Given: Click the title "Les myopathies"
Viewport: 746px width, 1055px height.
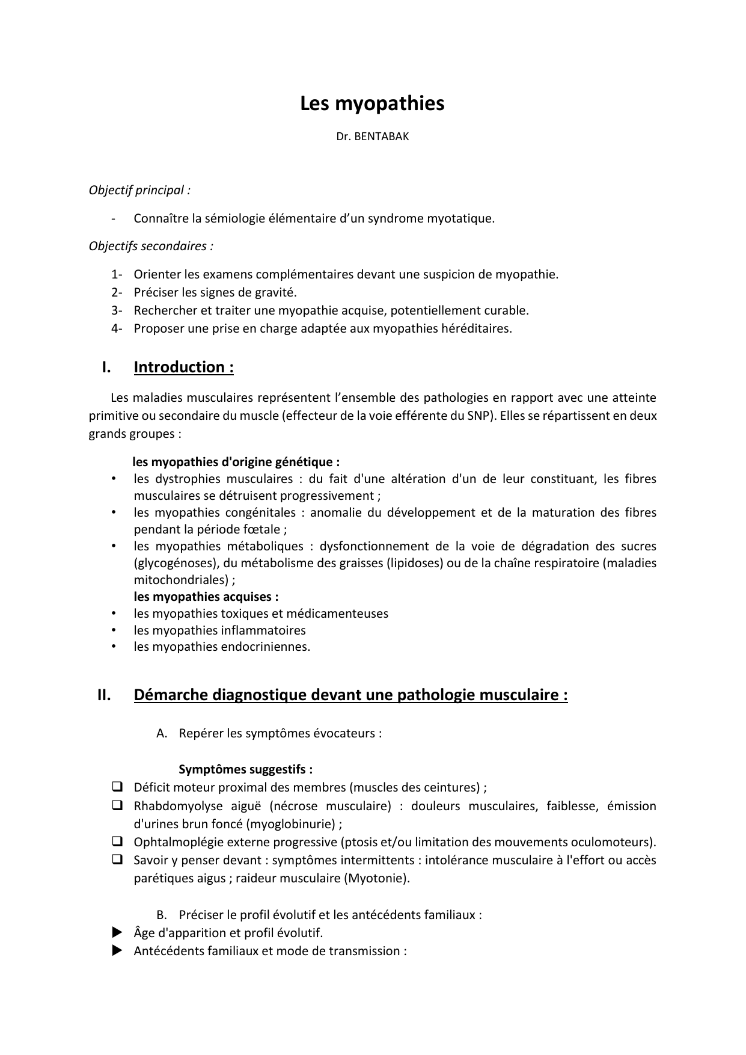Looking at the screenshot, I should pyautogui.click(x=372, y=103).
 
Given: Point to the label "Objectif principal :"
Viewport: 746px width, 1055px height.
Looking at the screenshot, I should pyautogui.click(x=139, y=190).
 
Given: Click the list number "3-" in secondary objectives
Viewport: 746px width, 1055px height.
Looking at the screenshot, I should pyautogui.click(x=116, y=310).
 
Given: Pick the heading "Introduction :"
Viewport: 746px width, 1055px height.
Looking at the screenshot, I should pyautogui.click(x=183, y=367).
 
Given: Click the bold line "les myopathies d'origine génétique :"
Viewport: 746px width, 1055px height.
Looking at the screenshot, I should pyautogui.click(x=236, y=462).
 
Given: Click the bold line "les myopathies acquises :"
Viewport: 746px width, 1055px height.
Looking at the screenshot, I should pyautogui.click(x=206, y=597).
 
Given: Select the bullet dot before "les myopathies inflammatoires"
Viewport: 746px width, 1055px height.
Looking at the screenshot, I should pyautogui.click(x=113, y=630).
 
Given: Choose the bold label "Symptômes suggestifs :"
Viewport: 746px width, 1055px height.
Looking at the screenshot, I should pyautogui.click(x=245, y=769).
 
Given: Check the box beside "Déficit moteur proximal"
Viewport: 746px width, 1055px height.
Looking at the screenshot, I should pyautogui.click(x=117, y=787).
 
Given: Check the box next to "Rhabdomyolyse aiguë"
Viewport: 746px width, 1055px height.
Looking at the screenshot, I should pyautogui.click(x=117, y=805).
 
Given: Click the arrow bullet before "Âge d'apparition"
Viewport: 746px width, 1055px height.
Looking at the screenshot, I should pyautogui.click(x=117, y=932).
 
